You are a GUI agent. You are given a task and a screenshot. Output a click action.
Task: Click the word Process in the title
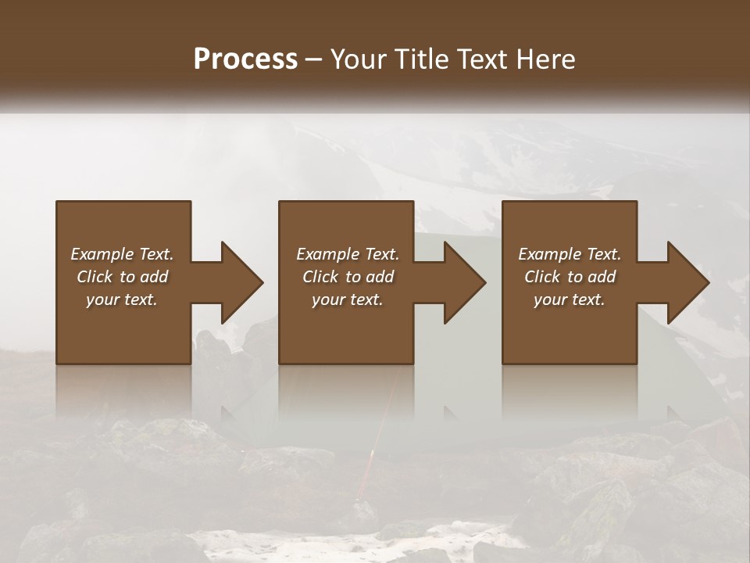(245, 59)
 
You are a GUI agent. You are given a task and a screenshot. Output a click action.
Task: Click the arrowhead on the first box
(243, 282)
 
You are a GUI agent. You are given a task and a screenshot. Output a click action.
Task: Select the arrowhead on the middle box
(466, 282)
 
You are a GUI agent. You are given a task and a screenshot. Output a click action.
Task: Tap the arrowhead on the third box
(688, 282)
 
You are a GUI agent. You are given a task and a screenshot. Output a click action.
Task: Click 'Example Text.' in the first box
(122, 254)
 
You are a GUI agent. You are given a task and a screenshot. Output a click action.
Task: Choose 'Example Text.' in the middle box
(348, 254)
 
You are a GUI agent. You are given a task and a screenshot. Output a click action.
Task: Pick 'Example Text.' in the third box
(570, 254)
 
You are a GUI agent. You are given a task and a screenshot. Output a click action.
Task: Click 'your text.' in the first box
(122, 299)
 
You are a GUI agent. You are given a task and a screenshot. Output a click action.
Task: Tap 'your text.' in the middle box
(348, 299)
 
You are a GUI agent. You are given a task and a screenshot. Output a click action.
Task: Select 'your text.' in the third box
(570, 299)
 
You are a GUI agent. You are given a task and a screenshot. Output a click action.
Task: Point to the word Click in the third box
(542, 277)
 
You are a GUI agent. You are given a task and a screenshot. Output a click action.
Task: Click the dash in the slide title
(314, 59)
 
